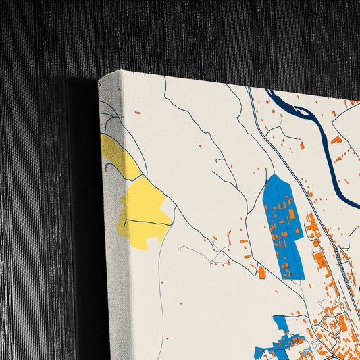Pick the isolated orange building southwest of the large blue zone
261,272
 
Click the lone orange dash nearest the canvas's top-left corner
137,113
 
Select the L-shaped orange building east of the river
336,140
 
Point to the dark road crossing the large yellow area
145,222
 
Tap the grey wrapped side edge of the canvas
108,270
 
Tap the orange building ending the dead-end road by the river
301,145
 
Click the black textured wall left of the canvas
41,203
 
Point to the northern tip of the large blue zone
274,175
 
